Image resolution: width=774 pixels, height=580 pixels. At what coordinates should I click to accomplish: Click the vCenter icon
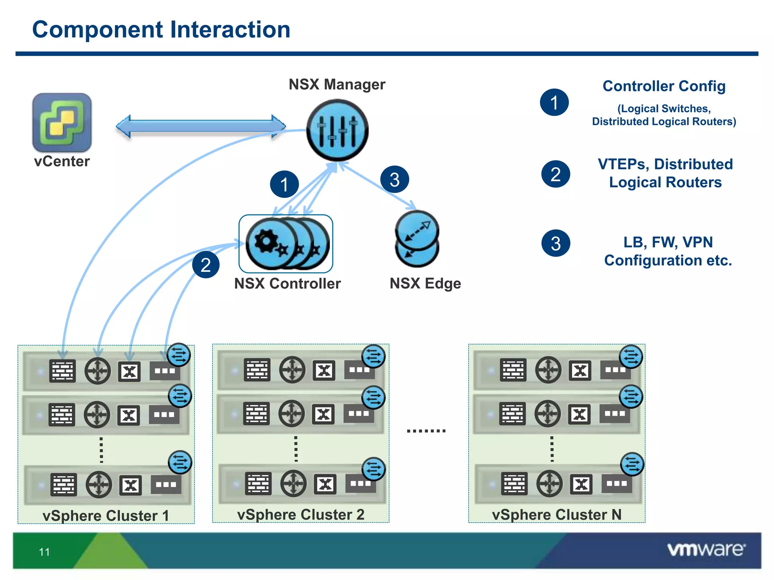[62, 122]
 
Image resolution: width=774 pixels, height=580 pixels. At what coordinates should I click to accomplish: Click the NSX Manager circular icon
[337, 130]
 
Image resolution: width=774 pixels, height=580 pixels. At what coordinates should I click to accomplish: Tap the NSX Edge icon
[417, 239]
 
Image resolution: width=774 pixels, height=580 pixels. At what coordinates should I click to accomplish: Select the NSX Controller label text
[287, 284]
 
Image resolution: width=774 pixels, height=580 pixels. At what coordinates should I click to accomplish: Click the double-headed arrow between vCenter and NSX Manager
[201, 126]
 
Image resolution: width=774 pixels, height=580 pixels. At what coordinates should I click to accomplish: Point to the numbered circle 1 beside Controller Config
[554, 102]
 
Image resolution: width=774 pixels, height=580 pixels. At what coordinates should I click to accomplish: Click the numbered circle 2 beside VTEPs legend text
[556, 174]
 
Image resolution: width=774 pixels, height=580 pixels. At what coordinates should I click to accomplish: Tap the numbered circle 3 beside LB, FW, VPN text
[556, 243]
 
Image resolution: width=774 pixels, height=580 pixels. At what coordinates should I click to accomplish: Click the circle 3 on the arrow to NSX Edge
[395, 179]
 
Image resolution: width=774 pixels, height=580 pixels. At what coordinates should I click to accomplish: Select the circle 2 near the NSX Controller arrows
[206, 265]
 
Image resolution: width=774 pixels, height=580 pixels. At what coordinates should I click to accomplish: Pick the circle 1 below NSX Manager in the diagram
[284, 184]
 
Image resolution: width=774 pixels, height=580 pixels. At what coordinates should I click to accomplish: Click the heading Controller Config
[664, 86]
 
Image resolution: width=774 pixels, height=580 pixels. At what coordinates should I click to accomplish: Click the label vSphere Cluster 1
[106, 515]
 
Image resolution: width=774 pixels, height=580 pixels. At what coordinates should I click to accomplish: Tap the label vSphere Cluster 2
[300, 514]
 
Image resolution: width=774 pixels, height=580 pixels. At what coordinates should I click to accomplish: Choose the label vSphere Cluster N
[557, 514]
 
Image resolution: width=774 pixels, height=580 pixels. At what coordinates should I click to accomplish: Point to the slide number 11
[44, 552]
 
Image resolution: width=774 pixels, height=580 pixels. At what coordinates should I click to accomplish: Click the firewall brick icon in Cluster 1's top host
[62, 371]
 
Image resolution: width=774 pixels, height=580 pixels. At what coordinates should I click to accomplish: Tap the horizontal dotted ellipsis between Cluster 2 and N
[426, 430]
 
